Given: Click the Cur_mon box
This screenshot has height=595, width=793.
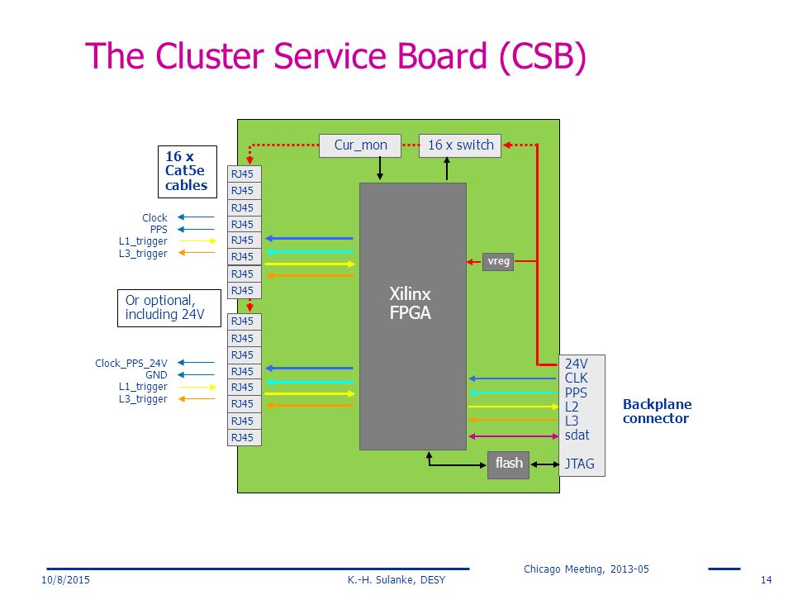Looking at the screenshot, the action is point(360,145).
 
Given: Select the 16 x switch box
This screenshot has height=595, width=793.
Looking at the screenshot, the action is point(460,145).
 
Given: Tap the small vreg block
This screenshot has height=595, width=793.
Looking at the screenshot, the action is point(498,262).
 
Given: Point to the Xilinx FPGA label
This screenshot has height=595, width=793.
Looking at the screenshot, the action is point(411,303).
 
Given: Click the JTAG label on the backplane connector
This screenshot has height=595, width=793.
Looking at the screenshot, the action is point(580,464).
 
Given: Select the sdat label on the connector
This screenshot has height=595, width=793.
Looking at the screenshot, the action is point(577,436).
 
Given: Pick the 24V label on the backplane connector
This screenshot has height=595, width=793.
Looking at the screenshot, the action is point(576,364).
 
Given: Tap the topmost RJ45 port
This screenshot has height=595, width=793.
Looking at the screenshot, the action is point(245,174).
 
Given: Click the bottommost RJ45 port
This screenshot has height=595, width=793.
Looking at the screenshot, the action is point(245,438).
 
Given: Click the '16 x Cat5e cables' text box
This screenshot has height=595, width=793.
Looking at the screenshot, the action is point(188,172).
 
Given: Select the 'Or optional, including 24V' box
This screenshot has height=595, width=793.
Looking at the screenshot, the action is point(169,308).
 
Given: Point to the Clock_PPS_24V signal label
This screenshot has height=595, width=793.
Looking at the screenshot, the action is point(131,364).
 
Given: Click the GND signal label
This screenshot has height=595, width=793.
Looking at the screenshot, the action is point(156,375).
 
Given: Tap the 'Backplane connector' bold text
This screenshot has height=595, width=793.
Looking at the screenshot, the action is point(657,412).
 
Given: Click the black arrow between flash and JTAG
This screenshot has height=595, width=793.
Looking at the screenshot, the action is point(544,464).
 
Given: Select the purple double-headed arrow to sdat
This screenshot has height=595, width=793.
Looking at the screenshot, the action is point(513,436).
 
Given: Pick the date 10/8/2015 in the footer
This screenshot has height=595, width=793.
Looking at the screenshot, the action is point(66,580).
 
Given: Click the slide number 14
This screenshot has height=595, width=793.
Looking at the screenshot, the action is point(767,580).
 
